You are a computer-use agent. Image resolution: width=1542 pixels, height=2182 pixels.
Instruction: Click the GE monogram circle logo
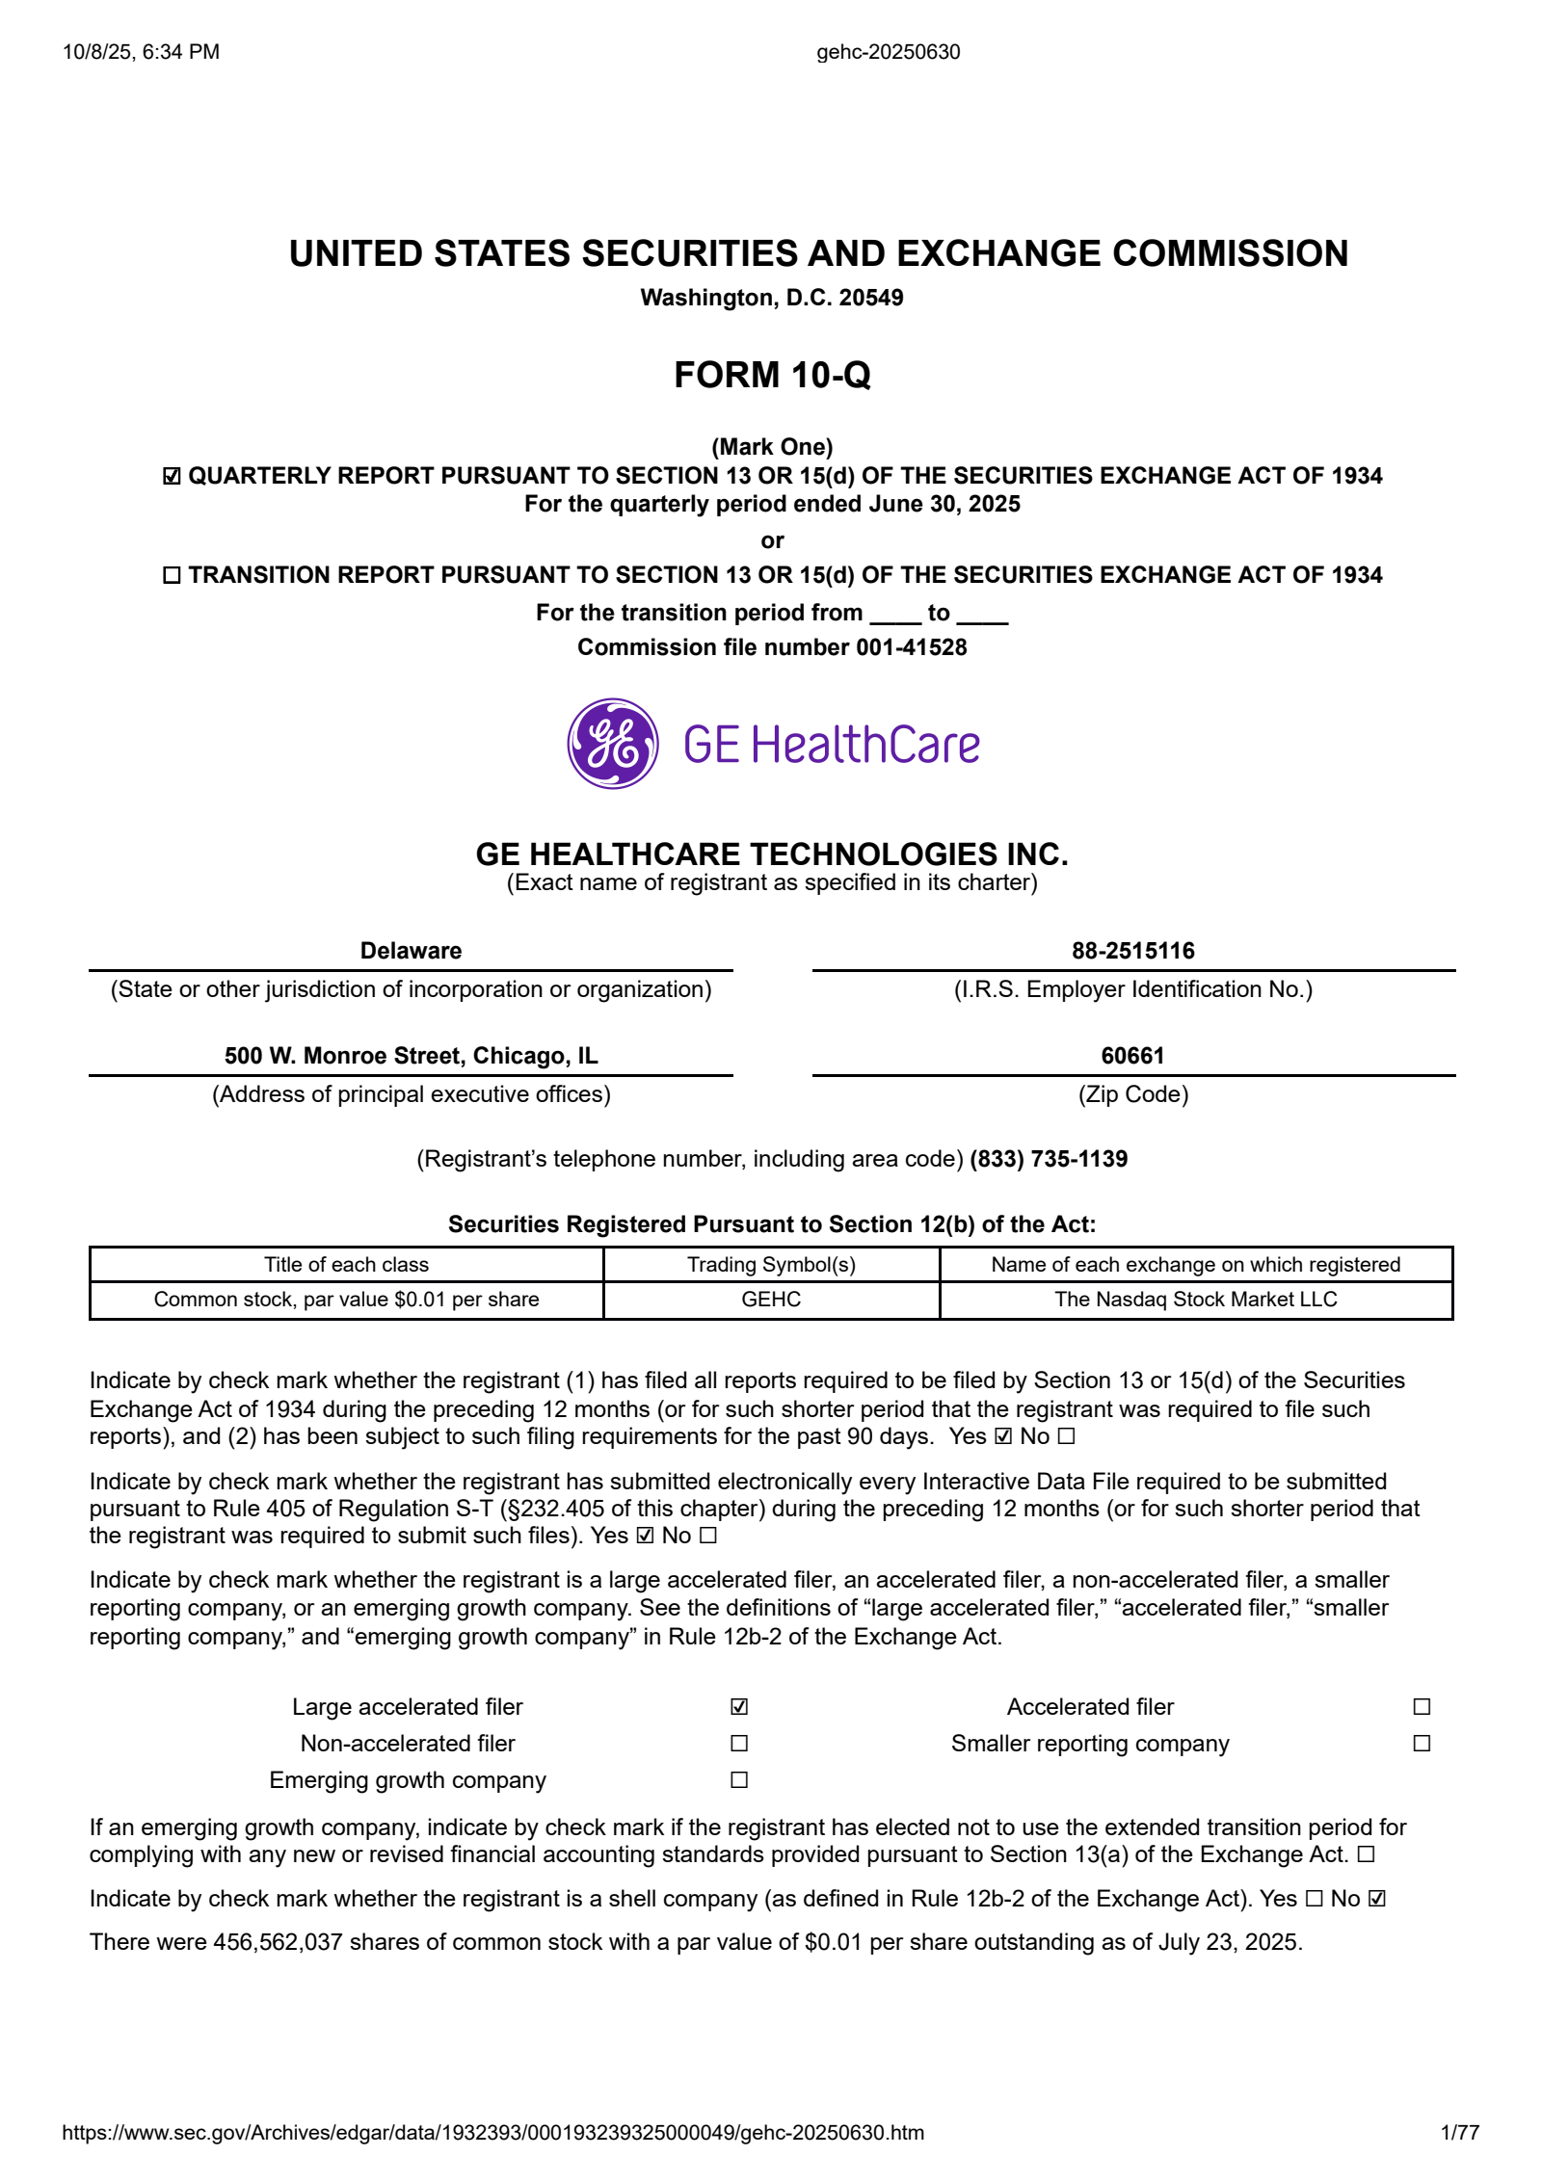(x=612, y=744)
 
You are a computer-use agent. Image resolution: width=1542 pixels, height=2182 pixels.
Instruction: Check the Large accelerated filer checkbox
(x=739, y=1706)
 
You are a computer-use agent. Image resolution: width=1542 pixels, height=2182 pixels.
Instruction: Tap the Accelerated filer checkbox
(x=1422, y=1706)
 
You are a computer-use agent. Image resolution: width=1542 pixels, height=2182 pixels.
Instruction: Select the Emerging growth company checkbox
(x=739, y=1779)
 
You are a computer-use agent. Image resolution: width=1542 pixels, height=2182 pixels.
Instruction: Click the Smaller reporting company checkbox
(x=1422, y=1743)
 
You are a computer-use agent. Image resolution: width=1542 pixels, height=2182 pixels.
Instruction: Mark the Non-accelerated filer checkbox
(x=739, y=1743)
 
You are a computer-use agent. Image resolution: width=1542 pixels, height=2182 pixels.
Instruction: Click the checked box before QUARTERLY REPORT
(x=172, y=476)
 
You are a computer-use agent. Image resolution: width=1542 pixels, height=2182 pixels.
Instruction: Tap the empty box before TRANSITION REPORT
(x=172, y=575)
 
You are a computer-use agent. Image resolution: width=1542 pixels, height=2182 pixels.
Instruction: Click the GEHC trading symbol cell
(x=771, y=1299)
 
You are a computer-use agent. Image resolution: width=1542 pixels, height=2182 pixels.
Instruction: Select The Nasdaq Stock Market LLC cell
(x=1195, y=1299)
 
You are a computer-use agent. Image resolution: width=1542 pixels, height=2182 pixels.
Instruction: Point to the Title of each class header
(x=346, y=1264)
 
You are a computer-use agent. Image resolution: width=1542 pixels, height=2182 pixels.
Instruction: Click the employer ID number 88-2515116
(x=1132, y=951)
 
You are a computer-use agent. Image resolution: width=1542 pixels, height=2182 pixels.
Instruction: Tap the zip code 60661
(x=1132, y=1056)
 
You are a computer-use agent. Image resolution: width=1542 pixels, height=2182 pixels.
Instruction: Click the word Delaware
(x=411, y=951)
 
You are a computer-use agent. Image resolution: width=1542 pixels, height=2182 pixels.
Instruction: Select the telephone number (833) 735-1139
(x=1049, y=1158)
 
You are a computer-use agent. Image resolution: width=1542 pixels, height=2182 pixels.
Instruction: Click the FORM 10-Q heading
(x=772, y=375)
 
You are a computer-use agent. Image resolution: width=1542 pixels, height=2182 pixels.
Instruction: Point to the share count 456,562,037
(x=278, y=1941)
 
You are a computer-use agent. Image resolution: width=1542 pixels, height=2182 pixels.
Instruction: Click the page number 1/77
(x=1459, y=2132)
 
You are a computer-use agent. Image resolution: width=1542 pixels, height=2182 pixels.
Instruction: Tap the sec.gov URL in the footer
(x=492, y=2132)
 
